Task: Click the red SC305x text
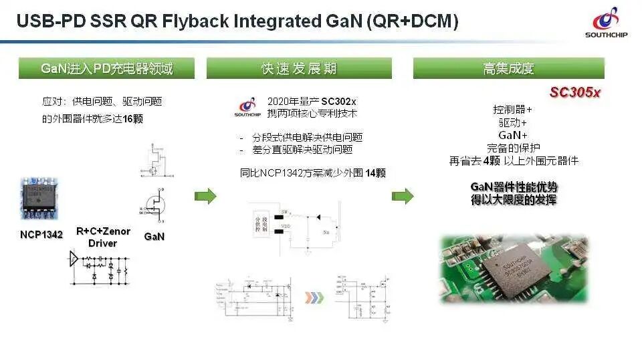(574, 92)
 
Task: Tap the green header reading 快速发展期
(298, 68)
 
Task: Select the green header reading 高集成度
(508, 68)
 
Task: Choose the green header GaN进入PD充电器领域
(106, 68)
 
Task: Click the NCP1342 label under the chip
(41, 235)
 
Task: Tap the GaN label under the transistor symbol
(154, 236)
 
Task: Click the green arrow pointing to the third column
(403, 196)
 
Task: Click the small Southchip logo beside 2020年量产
(247, 106)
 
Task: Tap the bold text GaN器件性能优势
(514, 187)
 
